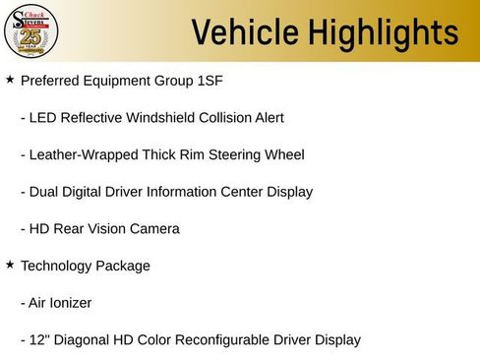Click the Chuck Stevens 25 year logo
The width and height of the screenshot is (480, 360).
point(32,32)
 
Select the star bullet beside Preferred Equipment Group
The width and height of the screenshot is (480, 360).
point(10,79)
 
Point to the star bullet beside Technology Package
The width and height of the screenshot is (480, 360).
point(10,265)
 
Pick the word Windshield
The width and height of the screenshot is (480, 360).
point(172,118)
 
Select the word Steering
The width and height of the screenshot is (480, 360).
point(234,154)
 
